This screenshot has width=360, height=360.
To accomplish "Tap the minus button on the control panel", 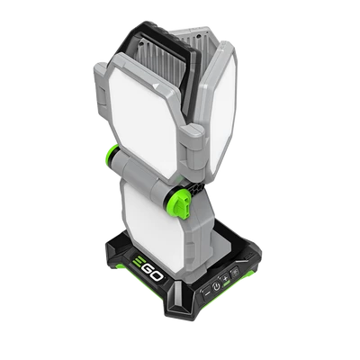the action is (207, 292).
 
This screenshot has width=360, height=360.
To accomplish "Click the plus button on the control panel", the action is (225, 278).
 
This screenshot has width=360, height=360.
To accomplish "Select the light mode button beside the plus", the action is (234, 272).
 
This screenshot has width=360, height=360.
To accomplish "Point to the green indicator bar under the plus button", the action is (227, 283).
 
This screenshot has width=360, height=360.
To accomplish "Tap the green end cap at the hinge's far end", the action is (112, 153).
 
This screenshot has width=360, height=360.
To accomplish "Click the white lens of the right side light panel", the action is (222, 113).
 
